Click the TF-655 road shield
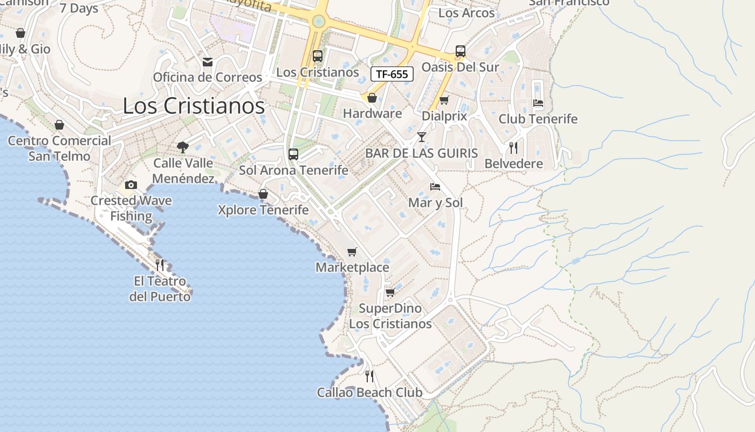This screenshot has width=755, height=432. click(392, 74)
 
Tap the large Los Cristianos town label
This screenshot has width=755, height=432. click(194, 106)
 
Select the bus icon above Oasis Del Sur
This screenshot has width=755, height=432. click(460, 51)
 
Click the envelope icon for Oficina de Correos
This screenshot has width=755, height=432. click(208, 62)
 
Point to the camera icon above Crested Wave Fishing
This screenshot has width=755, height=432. click(131, 185)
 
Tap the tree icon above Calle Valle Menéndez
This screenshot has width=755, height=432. click(183, 147)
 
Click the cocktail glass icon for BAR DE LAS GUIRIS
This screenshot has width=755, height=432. click(422, 137)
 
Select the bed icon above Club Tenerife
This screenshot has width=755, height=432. click(538, 103)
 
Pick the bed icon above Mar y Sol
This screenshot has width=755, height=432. click(435, 187)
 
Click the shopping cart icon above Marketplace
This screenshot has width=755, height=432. click(352, 252)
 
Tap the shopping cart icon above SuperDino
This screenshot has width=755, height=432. click(390, 293)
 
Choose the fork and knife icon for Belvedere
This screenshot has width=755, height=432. click(513, 147)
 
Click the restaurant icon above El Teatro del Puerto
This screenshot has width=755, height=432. click(160, 265)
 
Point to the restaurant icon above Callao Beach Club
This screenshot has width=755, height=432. click(369, 376)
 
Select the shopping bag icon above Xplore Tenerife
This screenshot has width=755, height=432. click(263, 194)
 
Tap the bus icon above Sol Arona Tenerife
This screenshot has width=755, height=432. click(293, 154)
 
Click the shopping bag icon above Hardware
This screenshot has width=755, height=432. click(372, 98)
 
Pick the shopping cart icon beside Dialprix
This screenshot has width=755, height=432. click(444, 100)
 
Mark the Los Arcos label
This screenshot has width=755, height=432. click(466, 13)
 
